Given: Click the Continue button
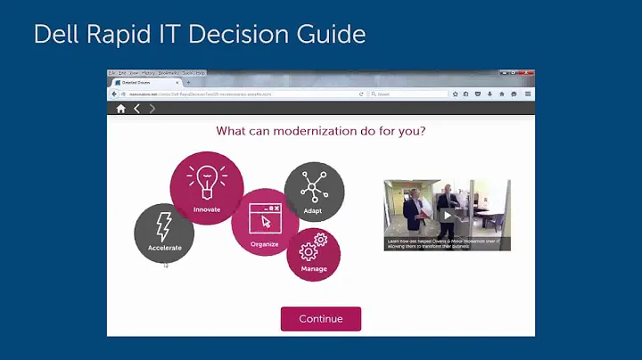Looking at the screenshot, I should [x=321, y=319].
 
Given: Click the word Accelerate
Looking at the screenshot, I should [x=164, y=248].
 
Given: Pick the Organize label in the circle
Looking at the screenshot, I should [x=265, y=244].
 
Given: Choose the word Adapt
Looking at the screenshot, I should [x=313, y=211].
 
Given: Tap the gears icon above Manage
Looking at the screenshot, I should [x=313, y=247].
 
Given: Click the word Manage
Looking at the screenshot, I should [x=313, y=268].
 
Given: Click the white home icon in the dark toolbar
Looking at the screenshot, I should [x=120, y=109].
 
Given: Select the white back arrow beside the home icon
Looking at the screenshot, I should [x=136, y=109].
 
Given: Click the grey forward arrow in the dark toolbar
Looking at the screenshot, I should [x=152, y=109].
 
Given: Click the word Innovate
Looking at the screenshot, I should [x=206, y=210].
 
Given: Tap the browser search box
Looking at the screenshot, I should [x=408, y=94].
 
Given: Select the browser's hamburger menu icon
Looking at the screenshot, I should [x=528, y=94].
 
